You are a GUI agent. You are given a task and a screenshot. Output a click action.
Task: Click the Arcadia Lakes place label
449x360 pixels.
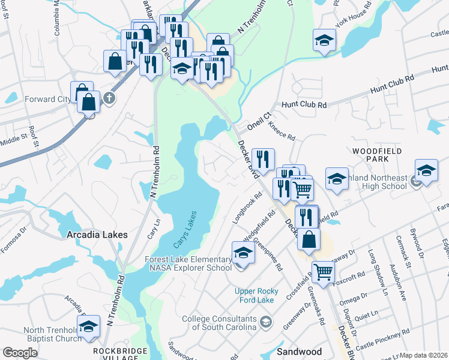97,235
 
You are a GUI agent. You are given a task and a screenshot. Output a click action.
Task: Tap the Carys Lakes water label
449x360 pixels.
185,232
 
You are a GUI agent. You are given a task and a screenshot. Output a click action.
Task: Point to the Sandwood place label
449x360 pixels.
299,351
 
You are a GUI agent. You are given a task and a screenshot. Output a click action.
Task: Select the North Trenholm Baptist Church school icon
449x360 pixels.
88,327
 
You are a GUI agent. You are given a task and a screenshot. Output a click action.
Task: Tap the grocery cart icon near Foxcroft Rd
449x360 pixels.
324,272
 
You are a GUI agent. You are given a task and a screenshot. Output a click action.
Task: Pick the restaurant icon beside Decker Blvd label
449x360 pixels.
263,160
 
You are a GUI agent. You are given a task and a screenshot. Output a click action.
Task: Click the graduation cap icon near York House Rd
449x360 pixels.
324,41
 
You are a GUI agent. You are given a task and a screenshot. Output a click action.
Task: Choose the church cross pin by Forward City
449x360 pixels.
109,98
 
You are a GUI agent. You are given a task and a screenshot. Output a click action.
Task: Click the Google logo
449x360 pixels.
20,353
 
